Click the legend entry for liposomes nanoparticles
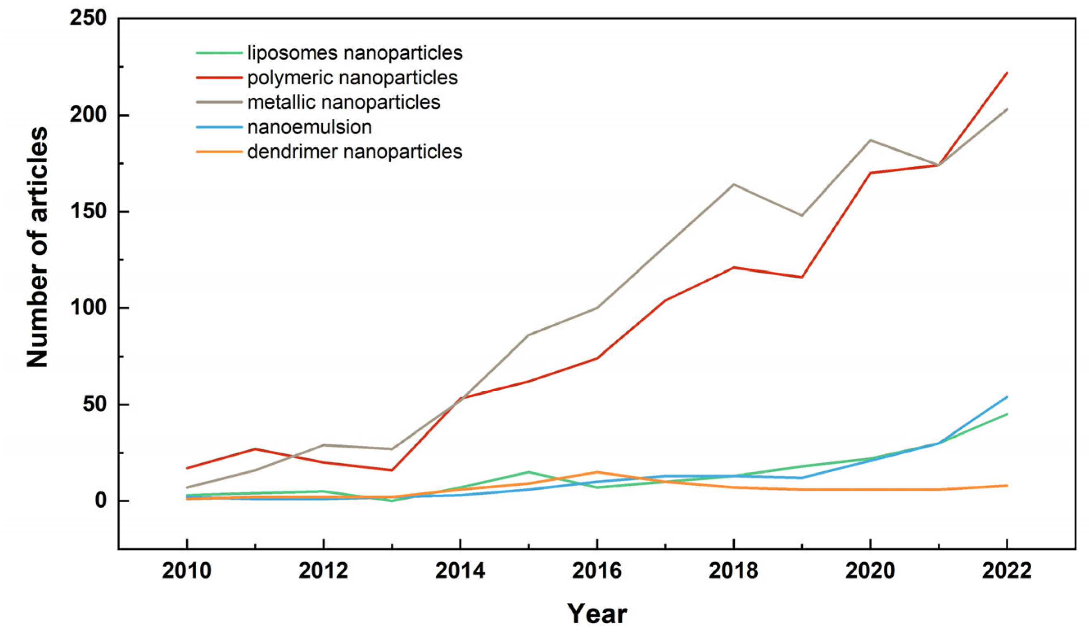click(x=354, y=53)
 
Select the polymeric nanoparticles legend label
click(x=352, y=78)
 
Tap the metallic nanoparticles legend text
click(x=344, y=102)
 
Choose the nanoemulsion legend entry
click(x=309, y=127)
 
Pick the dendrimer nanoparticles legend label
click(x=354, y=152)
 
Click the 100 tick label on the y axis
click(x=88, y=308)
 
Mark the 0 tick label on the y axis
click(x=100, y=501)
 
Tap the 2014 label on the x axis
click(x=460, y=571)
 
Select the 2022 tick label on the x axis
click(x=1007, y=571)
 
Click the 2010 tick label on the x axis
click(x=187, y=571)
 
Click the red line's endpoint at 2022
click(x=1007, y=72)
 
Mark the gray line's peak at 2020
click(x=870, y=140)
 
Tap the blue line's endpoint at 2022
click(x=1007, y=397)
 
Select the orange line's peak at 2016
click(x=597, y=472)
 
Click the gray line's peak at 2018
click(x=734, y=184)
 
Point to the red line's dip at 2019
click(x=801, y=277)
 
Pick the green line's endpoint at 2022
click(x=1007, y=414)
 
